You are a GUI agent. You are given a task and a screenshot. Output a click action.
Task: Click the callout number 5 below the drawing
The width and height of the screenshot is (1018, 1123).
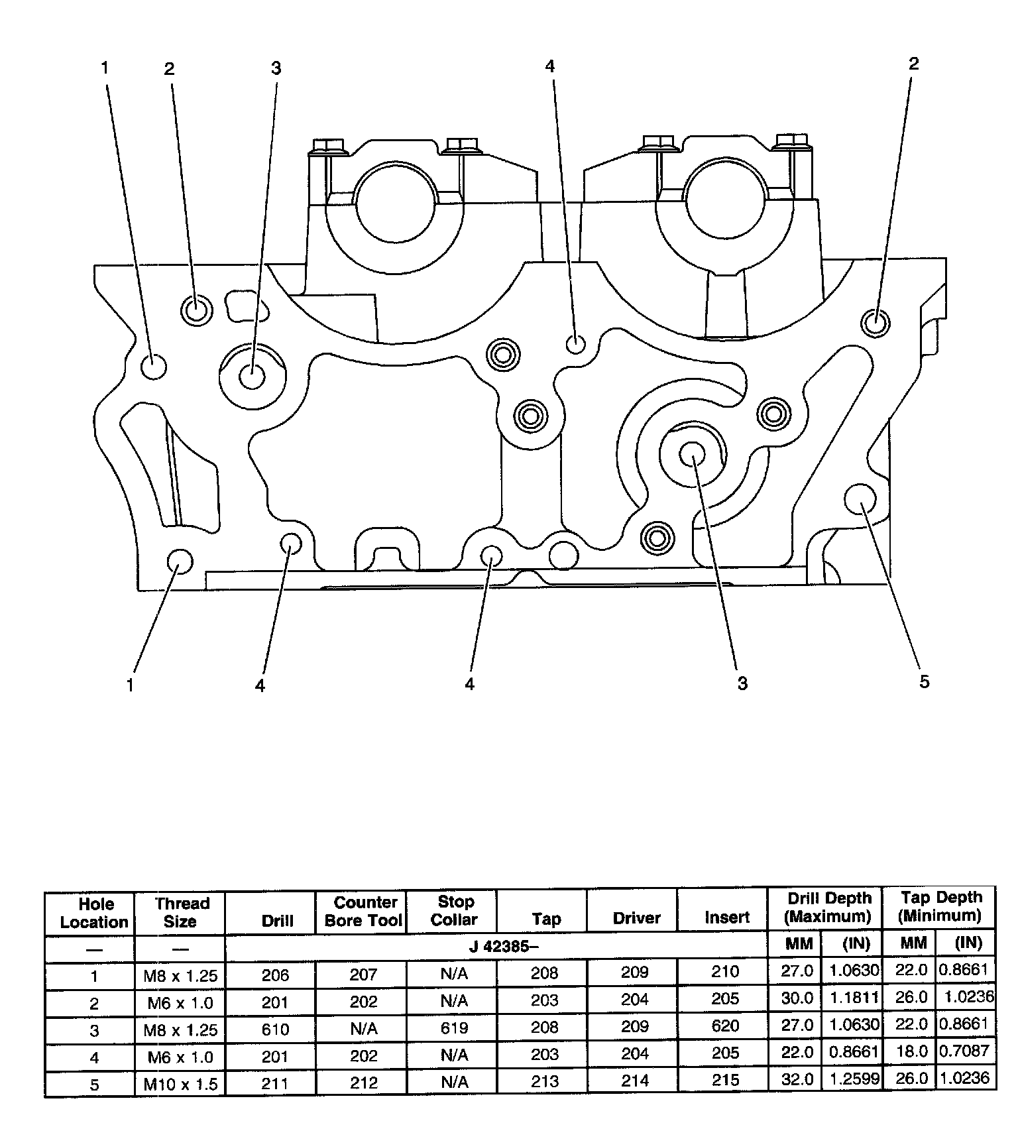[925, 682]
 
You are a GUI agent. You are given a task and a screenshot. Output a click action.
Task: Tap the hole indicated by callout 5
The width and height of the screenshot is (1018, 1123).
[861, 499]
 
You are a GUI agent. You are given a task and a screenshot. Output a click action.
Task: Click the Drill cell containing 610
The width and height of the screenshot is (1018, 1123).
[275, 1029]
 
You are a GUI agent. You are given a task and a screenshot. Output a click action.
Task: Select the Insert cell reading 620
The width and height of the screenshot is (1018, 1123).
[725, 1026]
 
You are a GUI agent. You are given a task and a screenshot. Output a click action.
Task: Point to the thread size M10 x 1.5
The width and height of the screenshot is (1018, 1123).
[180, 1085]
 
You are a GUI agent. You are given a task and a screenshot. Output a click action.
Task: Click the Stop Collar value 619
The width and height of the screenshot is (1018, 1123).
[454, 1028]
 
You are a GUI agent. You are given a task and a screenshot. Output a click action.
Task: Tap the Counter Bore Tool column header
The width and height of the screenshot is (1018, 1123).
[363, 911]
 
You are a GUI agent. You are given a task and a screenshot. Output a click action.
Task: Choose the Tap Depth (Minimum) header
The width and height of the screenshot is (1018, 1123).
[940, 906]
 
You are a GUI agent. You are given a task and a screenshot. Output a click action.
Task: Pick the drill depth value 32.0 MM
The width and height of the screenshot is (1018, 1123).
[797, 1079]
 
